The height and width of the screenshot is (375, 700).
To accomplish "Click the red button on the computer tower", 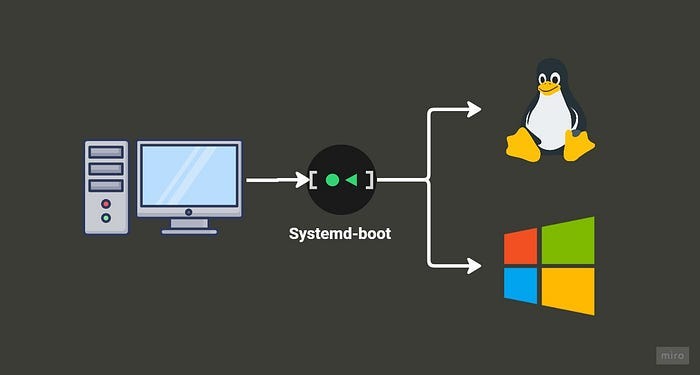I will pyautogui.click(x=106, y=204).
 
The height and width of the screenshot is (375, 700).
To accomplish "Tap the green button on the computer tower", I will pyautogui.click(x=106, y=217).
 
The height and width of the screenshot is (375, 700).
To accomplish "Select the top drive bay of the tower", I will pyautogui.click(x=106, y=152).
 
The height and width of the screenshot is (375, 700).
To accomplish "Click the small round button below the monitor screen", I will pyautogui.click(x=189, y=211).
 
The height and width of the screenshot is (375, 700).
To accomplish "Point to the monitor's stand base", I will pyautogui.click(x=189, y=229).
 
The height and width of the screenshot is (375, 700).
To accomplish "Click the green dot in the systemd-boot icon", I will pyautogui.click(x=333, y=181).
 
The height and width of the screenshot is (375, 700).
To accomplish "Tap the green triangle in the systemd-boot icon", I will pyautogui.click(x=352, y=181).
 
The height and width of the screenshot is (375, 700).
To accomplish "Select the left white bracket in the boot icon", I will pyautogui.click(x=315, y=181).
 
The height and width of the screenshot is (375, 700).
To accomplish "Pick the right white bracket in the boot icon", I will pyautogui.click(x=369, y=181).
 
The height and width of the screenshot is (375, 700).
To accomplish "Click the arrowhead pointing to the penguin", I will pyautogui.click(x=474, y=108).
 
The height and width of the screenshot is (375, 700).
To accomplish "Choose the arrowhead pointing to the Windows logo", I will pyautogui.click(x=474, y=265).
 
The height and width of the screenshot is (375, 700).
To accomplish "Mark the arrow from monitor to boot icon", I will pyautogui.click(x=275, y=181).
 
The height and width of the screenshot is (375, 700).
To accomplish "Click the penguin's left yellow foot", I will pyautogui.click(x=522, y=145).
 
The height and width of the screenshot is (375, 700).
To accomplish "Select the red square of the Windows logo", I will pyautogui.click(x=520, y=245).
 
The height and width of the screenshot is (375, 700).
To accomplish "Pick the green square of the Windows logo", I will pyautogui.click(x=568, y=239).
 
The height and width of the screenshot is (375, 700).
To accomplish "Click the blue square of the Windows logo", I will pyautogui.click(x=520, y=286).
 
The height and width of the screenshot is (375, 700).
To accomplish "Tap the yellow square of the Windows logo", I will pyautogui.click(x=568, y=290).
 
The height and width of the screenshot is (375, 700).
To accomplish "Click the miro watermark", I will pyautogui.click(x=671, y=355).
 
